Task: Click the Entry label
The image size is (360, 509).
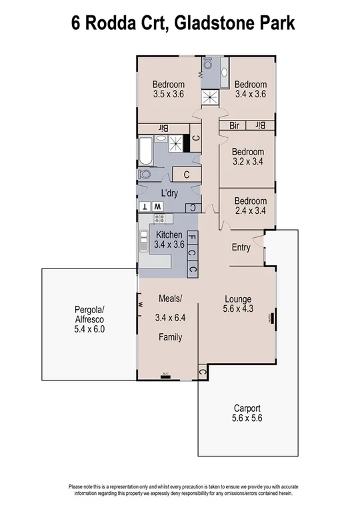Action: pyautogui.click(x=241, y=248)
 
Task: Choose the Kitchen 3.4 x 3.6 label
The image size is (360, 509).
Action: pyautogui.click(x=169, y=240)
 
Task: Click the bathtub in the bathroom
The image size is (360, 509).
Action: pyautogui.click(x=145, y=151)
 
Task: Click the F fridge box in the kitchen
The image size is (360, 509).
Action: pyautogui.click(x=192, y=237)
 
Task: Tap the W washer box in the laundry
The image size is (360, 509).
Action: pyautogui.click(x=157, y=207)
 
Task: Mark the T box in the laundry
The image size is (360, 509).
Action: pyautogui.click(x=145, y=207)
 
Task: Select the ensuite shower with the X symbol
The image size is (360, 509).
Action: pyautogui.click(x=211, y=97)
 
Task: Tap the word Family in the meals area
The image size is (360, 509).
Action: pyautogui.click(x=170, y=338)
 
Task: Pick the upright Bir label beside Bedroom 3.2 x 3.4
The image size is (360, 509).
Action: pyautogui.click(x=260, y=125)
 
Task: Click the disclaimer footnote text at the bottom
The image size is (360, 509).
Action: pyautogui.click(x=180, y=489)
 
